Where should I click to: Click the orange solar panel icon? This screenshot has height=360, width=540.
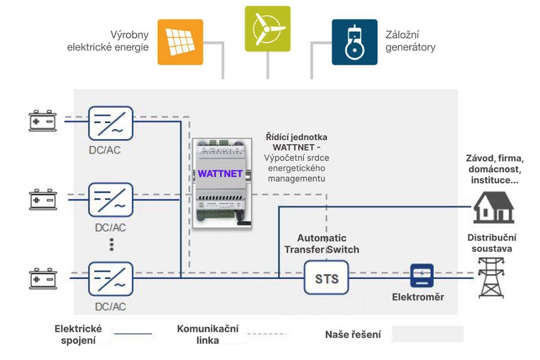(x=180, y=42)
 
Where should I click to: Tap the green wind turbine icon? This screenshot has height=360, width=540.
(x=268, y=29)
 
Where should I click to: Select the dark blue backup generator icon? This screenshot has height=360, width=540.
(x=355, y=42)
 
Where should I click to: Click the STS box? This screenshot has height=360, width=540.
(x=327, y=278)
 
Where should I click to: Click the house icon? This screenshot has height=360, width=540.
(x=493, y=208)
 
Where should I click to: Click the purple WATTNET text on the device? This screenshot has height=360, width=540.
(x=220, y=174)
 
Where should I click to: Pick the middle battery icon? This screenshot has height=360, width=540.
(x=43, y=199)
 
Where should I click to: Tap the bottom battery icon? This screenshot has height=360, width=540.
(x=43, y=279)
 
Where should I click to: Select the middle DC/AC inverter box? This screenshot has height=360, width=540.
(x=111, y=200)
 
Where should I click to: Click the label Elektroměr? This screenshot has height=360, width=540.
(x=418, y=297)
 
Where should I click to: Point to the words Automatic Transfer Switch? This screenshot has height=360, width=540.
(x=322, y=244)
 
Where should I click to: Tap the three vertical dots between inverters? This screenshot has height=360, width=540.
(x=111, y=244)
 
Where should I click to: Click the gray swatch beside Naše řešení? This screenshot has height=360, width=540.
(x=427, y=334)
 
